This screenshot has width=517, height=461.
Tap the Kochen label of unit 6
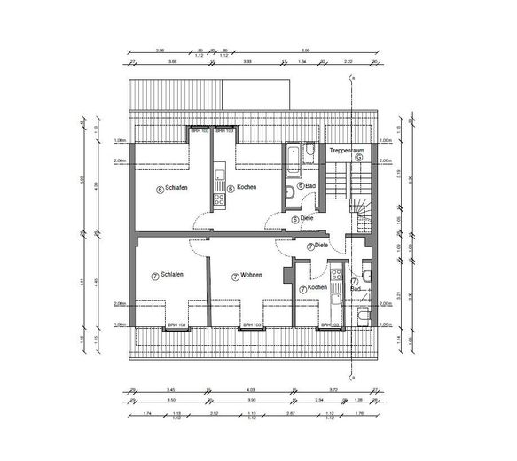pyautogui.click(x=247, y=188)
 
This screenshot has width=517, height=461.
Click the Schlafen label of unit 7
pyautogui.click(x=172, y=277)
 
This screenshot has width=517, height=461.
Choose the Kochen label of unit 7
pyautogui.click(x=317, y=288)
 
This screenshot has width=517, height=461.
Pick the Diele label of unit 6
pyautogui.click(x=307, y=218)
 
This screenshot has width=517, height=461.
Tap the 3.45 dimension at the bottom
pyautogui.click(x=170, y=390)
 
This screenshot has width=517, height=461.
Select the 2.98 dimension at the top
pyautogui.click(x=160, y=51)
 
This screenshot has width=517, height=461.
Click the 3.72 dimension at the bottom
pyautogui.click(x=332, y=390)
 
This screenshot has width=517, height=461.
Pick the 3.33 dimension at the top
pyautogui.click(x=247, y=61)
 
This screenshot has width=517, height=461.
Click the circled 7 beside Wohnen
pyautogui.click(x=235, y=277)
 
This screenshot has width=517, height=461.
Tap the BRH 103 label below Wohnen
pyautogui.click(x=253, y=325)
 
